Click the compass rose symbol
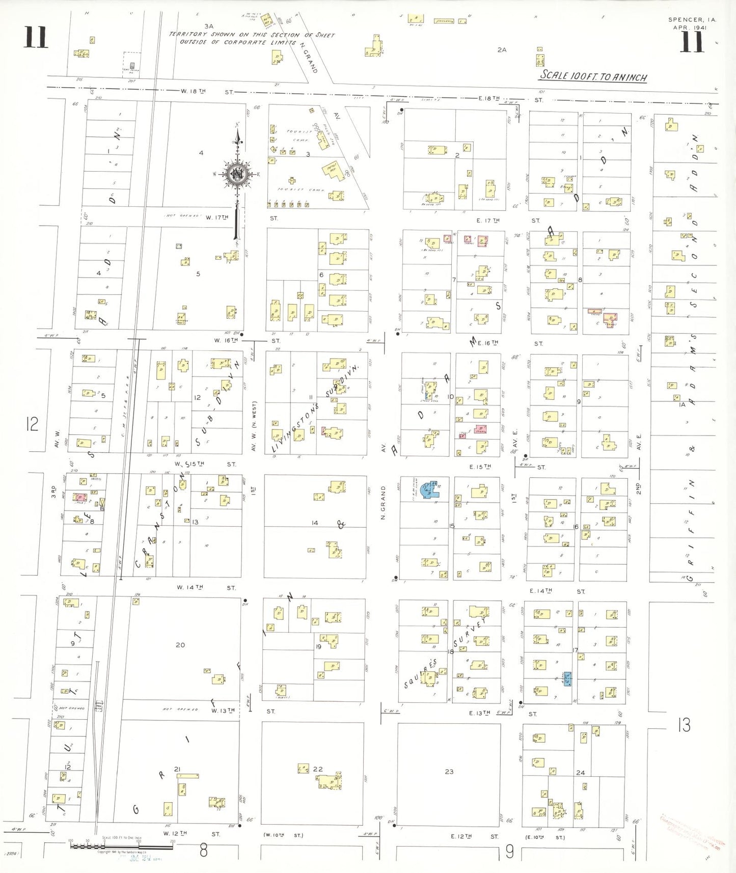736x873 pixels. [238, 174]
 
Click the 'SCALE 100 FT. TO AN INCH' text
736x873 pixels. [593, 76]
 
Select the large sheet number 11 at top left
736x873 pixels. [36, 38]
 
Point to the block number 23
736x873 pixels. [449, 772]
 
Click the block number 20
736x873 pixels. [180, 645]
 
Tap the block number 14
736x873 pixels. [315, 523]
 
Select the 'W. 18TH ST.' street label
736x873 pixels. [206, 92]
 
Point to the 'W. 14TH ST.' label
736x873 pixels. [206, 587]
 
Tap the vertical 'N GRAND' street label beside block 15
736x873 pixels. [383, 502]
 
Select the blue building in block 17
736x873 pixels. [567, 679]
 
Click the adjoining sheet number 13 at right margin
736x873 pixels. [684, 725]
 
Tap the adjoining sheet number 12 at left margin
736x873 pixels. [32, 424]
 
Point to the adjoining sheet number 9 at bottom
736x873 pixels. [510, 852]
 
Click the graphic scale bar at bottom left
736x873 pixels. [121, 847]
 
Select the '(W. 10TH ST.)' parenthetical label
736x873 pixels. [283, 835]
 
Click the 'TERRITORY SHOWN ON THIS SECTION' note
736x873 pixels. [252, 38]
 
